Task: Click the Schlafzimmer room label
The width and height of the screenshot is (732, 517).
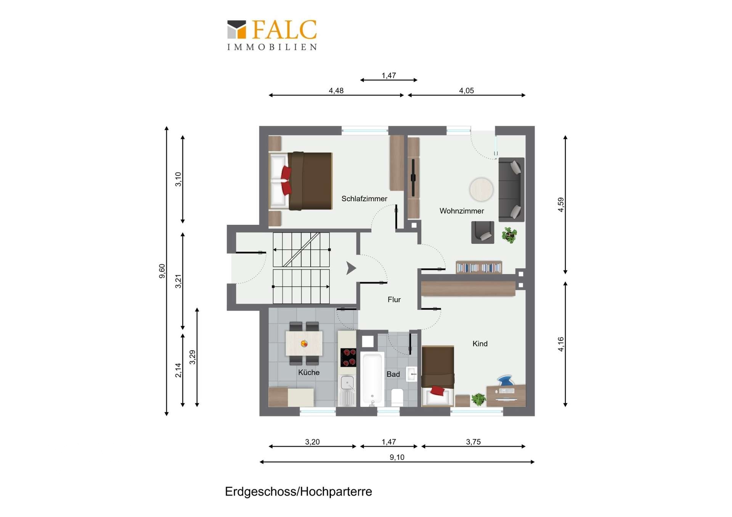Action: [x=364, y=198]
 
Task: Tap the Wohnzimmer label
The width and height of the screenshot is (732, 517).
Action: [x=461, y=211]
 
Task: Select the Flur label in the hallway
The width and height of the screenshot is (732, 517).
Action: [x=394, y=299]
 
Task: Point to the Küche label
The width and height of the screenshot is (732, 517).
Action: [x=308, y=372]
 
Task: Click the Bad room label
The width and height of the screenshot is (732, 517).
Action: [x=393, y=374]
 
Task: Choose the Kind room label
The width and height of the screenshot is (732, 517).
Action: [x=480, y=344]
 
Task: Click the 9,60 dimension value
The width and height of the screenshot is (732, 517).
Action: [x=162, y=271]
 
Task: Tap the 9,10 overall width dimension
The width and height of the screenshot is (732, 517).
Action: [x=397, y=457]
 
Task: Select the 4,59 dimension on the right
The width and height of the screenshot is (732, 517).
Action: [x=560, y=205]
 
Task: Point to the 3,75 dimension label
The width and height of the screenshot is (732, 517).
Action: [x=473, y=442]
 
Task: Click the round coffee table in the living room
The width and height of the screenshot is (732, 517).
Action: [x=481, y=189]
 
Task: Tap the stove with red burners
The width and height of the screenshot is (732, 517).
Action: [x=348, y=357]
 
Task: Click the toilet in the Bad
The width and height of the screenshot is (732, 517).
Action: [x=397, y=397]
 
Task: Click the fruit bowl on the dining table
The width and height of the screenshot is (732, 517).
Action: [x=304, y=344]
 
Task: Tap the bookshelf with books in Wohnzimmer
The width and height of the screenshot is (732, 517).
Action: [x=479, y=267]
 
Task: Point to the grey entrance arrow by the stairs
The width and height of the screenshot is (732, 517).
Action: [x=351, y=268]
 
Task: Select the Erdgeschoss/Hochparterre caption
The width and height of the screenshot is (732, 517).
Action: [x=298, y=491]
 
